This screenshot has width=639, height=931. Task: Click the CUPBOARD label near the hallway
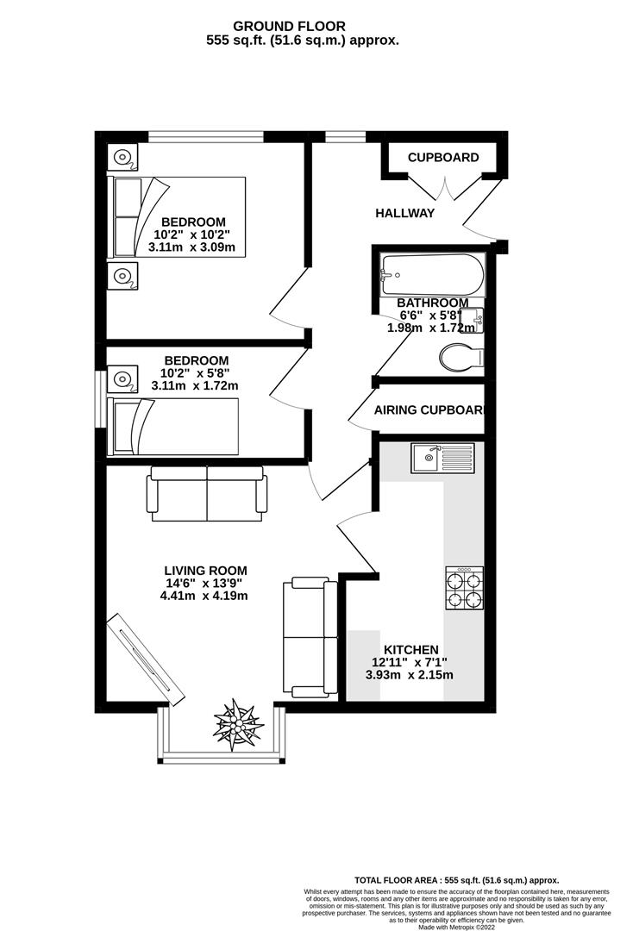point(443,158)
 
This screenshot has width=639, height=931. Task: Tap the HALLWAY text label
point(404,213)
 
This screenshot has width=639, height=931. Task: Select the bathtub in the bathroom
point(433,275)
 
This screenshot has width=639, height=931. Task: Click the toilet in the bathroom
point(460,357)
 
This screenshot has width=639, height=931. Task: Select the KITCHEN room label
point(410,649)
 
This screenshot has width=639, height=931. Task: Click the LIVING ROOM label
point(205,570)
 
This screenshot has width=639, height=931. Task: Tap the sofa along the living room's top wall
point(207,493)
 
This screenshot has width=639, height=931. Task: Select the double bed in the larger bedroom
point(177,217)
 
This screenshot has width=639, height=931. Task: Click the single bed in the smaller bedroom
point(172,427)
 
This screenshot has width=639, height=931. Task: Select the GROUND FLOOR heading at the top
point(302,27)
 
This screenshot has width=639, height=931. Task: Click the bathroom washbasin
point(477,320)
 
